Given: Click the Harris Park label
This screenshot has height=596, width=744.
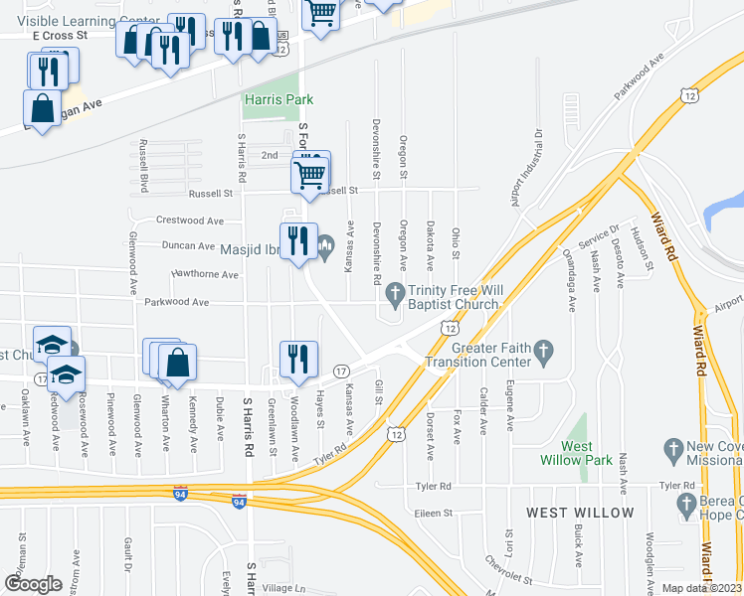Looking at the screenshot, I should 279,99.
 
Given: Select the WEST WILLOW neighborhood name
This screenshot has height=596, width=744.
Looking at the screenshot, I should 579,513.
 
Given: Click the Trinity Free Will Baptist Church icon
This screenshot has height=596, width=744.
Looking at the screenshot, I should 396,291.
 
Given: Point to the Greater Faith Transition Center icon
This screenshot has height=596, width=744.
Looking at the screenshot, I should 543,350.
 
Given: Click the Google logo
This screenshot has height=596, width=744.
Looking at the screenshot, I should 34,584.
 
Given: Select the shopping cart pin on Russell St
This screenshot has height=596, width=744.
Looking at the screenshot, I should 310,176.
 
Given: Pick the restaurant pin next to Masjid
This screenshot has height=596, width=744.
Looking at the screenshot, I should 297,241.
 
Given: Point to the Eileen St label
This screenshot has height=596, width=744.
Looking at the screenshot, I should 433,514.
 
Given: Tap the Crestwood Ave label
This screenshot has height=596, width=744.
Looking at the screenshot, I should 190,221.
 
